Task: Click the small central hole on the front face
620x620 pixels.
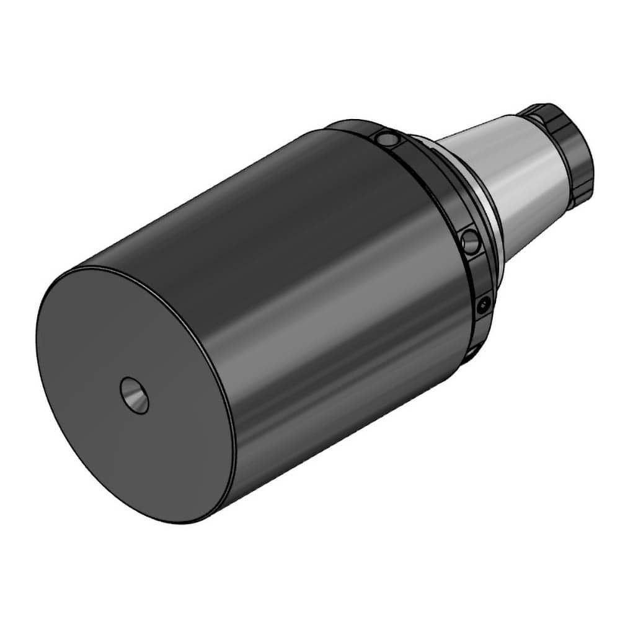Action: click(x=135, y=394)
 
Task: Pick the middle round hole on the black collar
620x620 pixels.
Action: click(x=471, y=242)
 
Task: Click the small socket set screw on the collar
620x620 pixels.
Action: click(x=483, y=303)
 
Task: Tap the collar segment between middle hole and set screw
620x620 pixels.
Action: click(x=480, y=273)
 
